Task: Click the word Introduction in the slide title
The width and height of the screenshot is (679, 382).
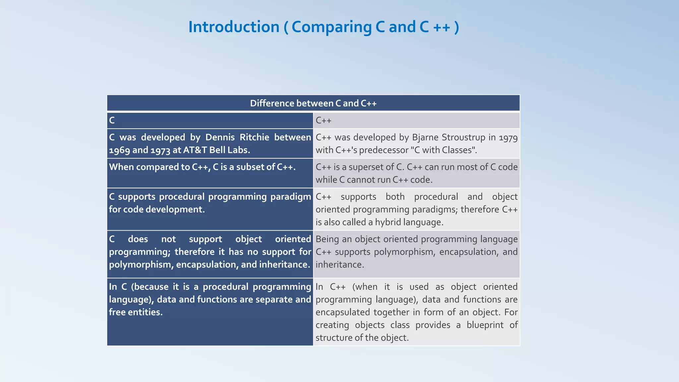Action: point(234,27)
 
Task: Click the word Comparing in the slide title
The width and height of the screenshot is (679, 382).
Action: point(331,27)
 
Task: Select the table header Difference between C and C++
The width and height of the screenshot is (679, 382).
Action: point(313,103)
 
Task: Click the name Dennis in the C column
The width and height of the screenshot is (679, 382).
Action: point(220,137)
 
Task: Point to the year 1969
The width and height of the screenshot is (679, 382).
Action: point(119,150)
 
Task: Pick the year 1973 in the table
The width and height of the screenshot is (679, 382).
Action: point(161,150)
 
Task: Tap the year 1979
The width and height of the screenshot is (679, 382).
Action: point(508,138)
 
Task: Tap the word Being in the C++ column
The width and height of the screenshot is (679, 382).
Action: point(327,239)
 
